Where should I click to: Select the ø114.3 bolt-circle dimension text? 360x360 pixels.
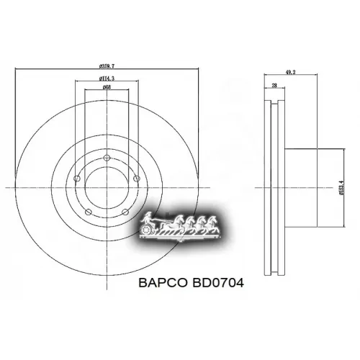[106, 78]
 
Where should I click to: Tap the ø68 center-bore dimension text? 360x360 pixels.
[106, 87]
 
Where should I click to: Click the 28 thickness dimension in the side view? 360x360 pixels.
[275, 86]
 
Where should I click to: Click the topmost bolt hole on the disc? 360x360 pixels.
[106, 158]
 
